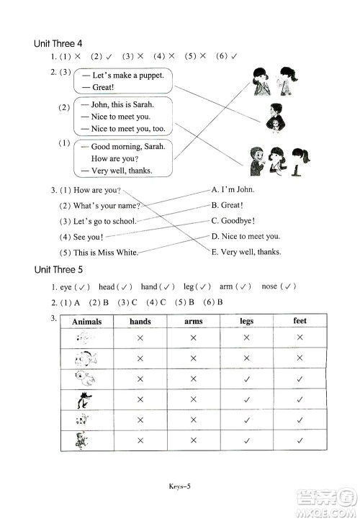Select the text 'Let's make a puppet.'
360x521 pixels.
tap(128, 76)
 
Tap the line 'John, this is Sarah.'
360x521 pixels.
tap(122, 103)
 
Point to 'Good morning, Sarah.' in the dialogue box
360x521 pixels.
tap(128, 146)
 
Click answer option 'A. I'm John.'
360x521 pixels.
tap(233, 190)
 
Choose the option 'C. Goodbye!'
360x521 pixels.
tap(233, 221)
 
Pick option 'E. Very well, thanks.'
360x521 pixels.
tap(246, 252)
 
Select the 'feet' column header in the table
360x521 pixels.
tap(300, 321)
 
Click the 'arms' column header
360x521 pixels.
tap(194, 322)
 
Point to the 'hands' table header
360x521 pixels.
tap(140, 322)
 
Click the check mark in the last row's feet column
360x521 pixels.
tap(300, 440)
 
